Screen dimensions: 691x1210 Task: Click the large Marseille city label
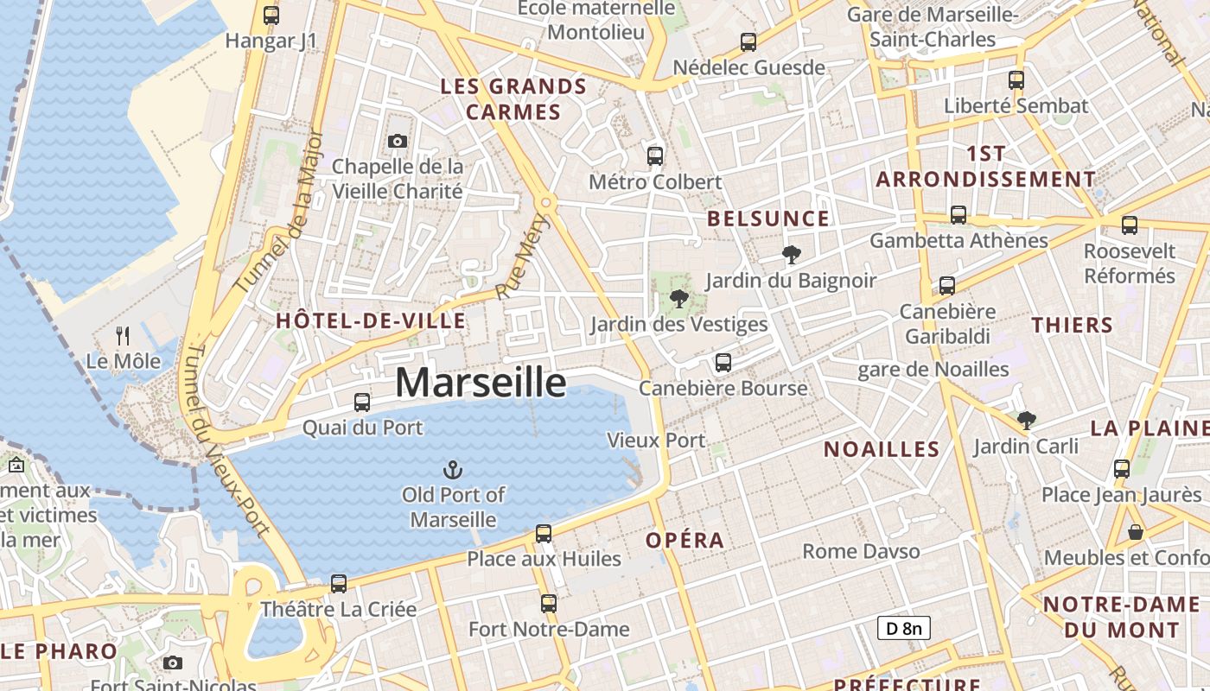tap(481, 383)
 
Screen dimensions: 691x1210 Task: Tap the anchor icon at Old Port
tap(453, 470)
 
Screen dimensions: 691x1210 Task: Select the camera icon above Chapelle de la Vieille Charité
tap(398, 141)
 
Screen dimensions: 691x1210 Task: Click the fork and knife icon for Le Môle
tap(123, 335)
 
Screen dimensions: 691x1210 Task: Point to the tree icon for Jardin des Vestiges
tap(678, 299)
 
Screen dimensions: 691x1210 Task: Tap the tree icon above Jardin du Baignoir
tap(791, 255)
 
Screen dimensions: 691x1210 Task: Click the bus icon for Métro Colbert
tap(655, 156)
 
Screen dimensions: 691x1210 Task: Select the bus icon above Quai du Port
tap(362, 402)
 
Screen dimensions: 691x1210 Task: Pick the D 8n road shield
tap(904, 628)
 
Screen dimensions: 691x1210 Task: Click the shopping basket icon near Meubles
tap(1136, 532)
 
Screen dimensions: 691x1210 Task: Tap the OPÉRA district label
tap(685, 541)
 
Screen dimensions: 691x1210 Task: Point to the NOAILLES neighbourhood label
tap(882, 449)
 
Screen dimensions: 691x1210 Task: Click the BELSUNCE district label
tap(768, 219)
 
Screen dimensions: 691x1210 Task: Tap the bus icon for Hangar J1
tap(271, 15)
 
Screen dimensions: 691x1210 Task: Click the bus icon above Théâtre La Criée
tap(339, 583)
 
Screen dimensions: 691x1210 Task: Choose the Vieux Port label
tap(656, 441)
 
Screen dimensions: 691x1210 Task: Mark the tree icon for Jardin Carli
tap(1026, 421)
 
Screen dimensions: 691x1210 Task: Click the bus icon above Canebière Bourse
tap(723, 363)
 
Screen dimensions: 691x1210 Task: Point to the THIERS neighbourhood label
tap(1072, 326)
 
